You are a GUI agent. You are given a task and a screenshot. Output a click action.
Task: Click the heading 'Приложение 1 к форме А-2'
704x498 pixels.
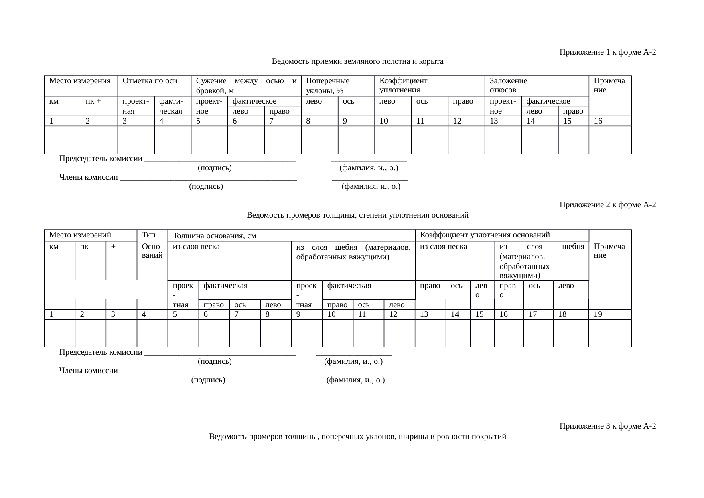click(607, 52)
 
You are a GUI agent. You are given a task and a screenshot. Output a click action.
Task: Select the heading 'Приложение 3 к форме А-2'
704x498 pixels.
click(607, 426)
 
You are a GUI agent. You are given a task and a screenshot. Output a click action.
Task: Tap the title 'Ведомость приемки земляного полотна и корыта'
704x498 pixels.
click(357, 61)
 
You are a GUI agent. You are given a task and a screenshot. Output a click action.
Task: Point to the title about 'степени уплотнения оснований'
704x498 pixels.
click(357, 215)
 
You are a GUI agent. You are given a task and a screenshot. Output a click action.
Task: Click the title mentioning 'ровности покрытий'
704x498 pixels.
click(357, 437)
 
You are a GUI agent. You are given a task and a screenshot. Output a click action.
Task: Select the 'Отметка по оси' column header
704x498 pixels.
click(150, 81)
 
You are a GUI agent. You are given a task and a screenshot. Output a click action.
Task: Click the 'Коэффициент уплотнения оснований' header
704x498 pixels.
click(485, 235)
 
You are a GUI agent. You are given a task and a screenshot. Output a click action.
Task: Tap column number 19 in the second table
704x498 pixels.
click(598, 314)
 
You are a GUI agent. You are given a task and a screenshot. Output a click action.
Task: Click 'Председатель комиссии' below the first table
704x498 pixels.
click(101, 159)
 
